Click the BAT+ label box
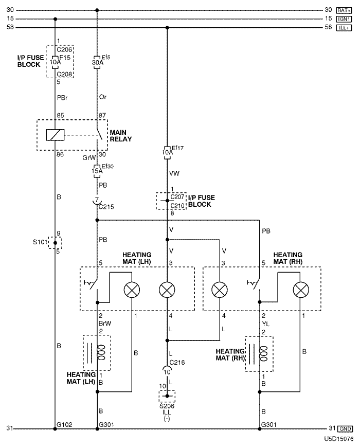tap(344, 10)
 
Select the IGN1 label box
tap(344, 19)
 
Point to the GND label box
tap(344, 429)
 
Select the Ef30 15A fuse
tap(97, 168)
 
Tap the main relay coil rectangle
tap(55, 135)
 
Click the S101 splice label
tap(40, 242)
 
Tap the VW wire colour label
tap(174, 174)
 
